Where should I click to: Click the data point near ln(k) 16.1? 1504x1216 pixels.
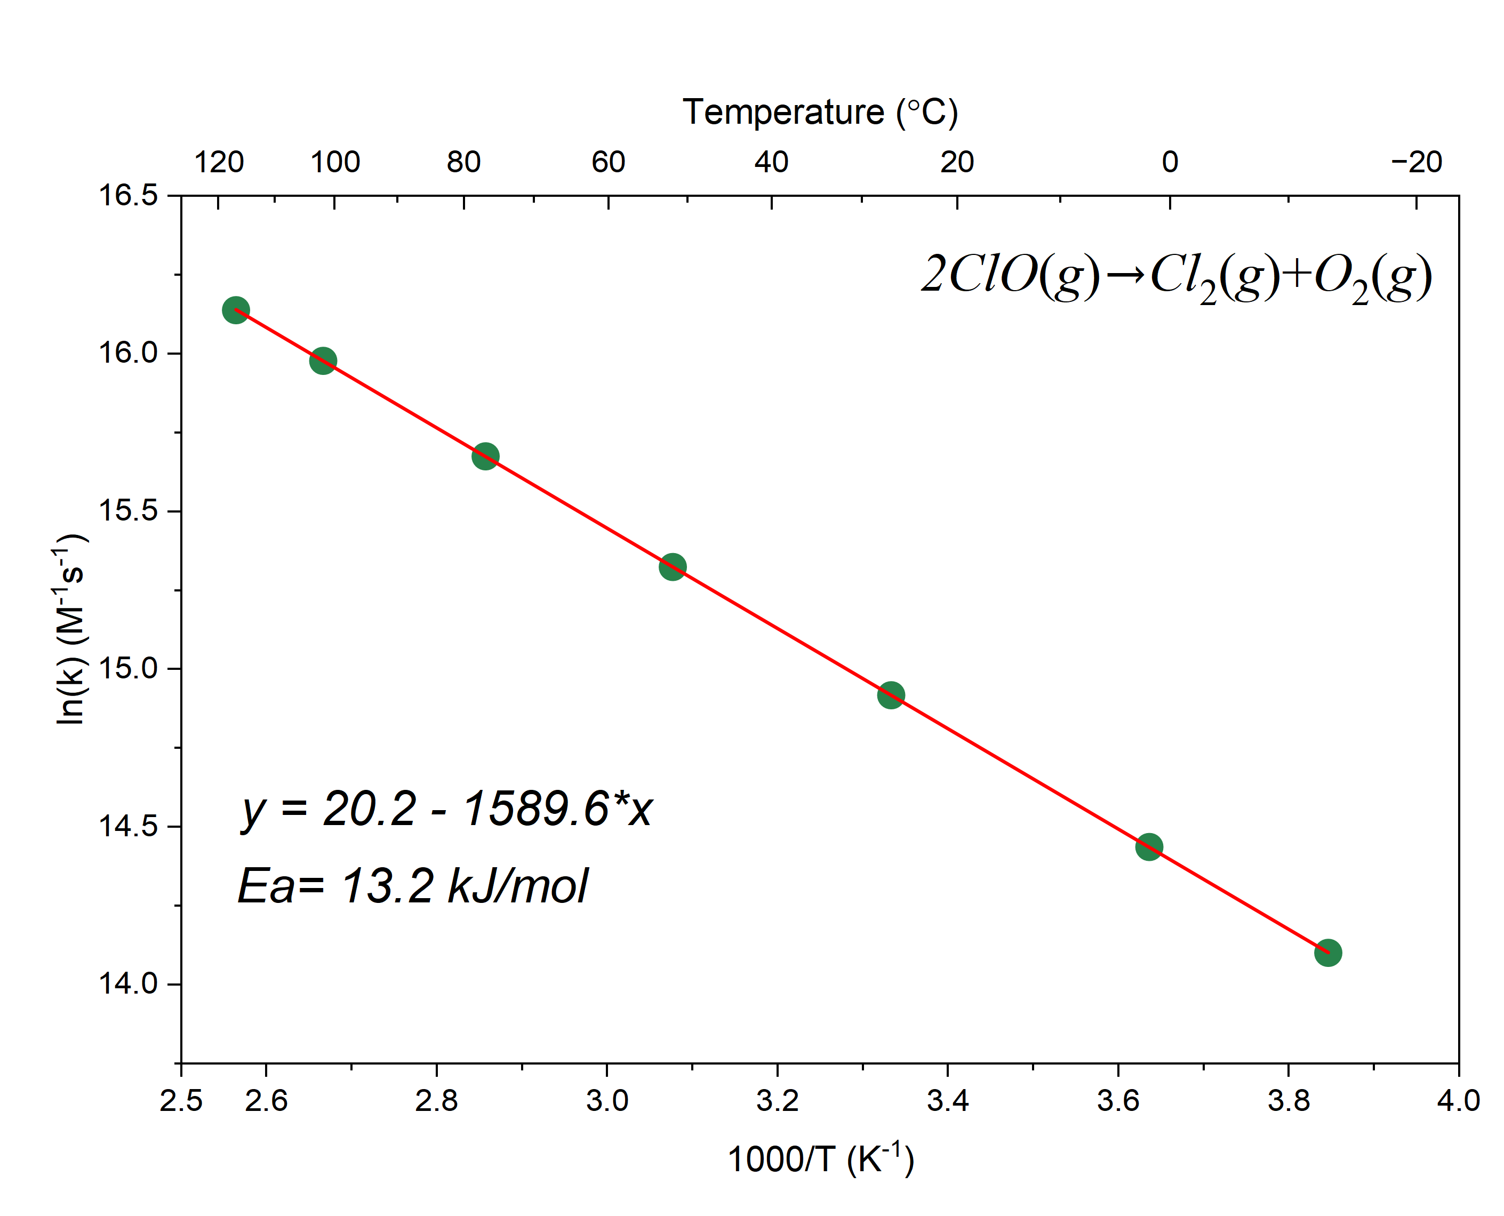(235, 310)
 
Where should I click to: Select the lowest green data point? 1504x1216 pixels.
(1327, 953)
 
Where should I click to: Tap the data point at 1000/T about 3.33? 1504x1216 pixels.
(890, 695)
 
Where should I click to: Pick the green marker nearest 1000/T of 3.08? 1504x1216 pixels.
(673, 567)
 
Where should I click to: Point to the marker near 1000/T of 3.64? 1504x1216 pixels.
(1149, 847)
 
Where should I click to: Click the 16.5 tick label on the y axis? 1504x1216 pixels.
(128, 195)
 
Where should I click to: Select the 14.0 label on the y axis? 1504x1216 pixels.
(128, 983)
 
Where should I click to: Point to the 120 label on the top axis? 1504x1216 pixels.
(219, 163)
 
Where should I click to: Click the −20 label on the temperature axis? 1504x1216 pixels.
(1417, 163)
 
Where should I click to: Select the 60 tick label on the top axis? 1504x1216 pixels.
(608, 163)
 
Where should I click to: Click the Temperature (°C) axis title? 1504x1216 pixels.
(820, 112)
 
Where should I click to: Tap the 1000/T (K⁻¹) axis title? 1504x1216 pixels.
(820, 1159)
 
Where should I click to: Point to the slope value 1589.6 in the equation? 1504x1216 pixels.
(536, 809)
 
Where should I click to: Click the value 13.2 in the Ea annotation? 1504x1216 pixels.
(387, 886)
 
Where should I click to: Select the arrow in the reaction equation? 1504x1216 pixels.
(1126, 275)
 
